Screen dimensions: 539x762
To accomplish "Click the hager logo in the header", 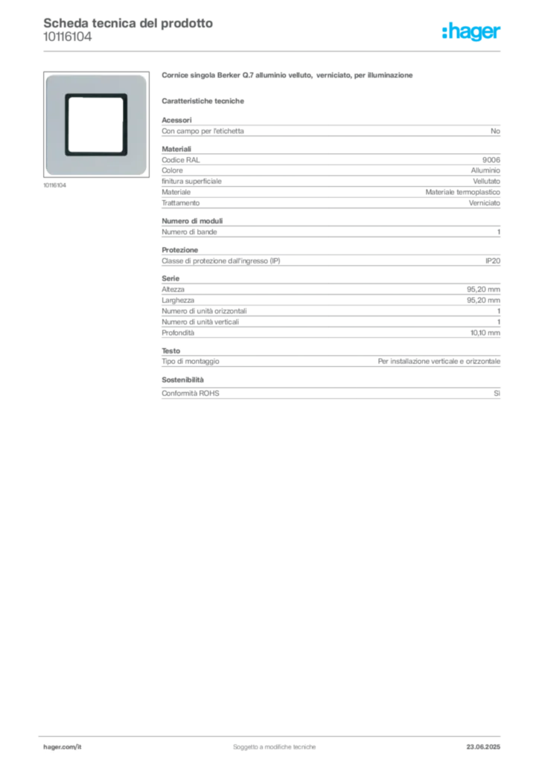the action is click(x=471, y=32).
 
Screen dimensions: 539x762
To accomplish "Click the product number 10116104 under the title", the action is click(x=68, y=37).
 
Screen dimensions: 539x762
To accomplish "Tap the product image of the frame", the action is click(x=96, y=124).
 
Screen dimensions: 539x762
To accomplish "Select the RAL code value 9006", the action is click(x=491, y=160).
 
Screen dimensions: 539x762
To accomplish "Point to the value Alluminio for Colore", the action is click(x=485, y=170).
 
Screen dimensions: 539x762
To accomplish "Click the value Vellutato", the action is click(x=486, y=182).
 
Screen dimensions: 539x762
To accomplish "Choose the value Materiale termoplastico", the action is click(x=463, y=192).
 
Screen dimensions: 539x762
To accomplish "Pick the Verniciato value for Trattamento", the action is click(x=484, y=203).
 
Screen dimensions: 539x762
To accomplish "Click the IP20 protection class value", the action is click(x=492, y=261).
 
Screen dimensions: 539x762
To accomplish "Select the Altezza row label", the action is click(x=173, y=289).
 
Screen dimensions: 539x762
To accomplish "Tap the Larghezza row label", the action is click(x=178, y=301).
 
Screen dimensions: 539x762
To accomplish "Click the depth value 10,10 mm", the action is click(x=485, y=333).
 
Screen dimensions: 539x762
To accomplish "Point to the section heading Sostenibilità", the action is click(x=182, y=380).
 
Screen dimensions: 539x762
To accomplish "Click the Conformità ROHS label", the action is click(x=191, y=393).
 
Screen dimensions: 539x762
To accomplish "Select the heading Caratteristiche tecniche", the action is click(x=202, y=101).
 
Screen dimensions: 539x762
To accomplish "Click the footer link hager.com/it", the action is click(x=63, y=747).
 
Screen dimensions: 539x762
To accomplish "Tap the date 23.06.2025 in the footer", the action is click(x=483, y=747).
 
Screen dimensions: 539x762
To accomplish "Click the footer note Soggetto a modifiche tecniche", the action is click(x=274, y=747).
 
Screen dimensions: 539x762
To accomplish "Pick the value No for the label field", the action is click(x=495, y=131).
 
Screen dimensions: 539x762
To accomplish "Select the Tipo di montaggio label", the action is click(x=191, y=362).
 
